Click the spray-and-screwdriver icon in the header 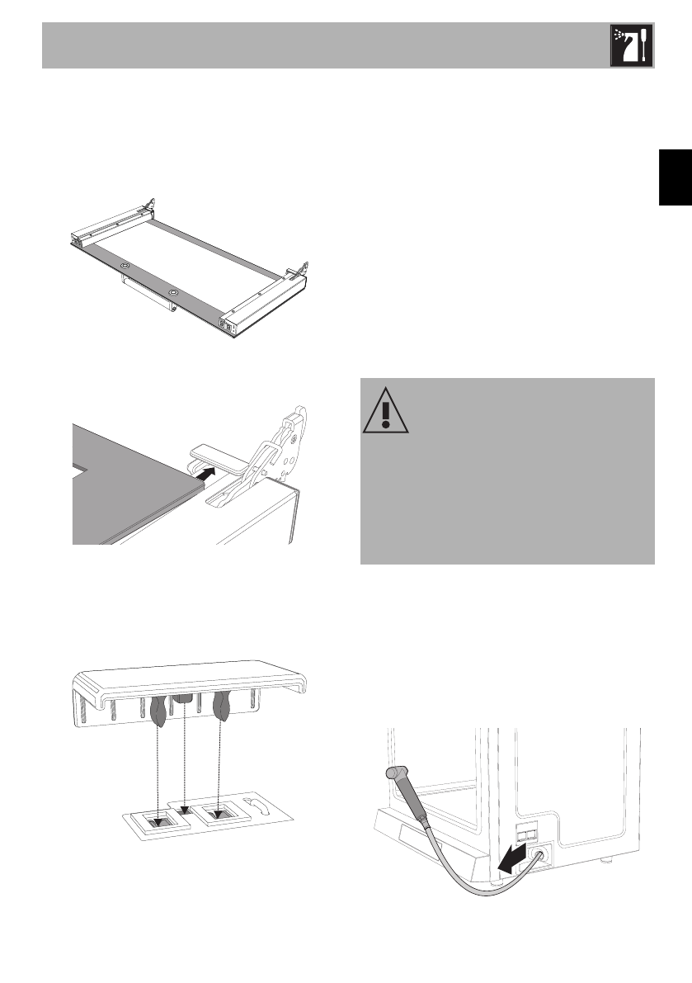pos(631,45)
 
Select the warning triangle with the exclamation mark pos(385,411)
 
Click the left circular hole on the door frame pos(125,266)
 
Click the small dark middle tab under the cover pos(186,699)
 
